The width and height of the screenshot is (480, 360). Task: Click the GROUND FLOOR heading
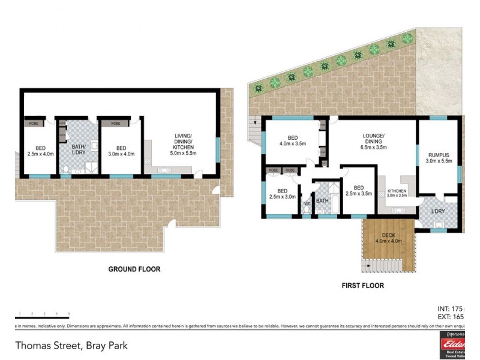tap(134, 269)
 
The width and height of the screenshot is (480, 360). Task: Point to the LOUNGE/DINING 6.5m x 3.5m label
tap(373, 141)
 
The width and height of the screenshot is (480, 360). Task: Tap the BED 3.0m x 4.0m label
tap(121, 151)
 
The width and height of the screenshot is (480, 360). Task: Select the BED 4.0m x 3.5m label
tap(292, 140)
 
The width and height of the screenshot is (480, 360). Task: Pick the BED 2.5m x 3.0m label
tap(282, 193)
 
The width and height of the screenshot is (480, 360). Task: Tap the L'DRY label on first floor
tap(438, 211)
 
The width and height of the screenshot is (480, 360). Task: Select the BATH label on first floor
tap(323, 201)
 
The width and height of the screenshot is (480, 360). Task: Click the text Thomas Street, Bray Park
tap(71, 346)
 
